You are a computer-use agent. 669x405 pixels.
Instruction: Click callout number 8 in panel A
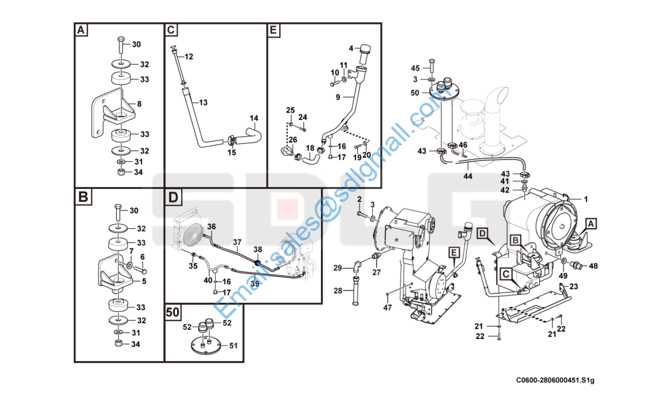[x=139, y=104]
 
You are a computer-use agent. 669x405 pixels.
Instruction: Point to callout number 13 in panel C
[x=203, y=102]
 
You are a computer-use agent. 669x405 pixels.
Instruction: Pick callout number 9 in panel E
[x=338, y=97]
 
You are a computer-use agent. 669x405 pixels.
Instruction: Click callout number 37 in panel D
[x=237, y=242]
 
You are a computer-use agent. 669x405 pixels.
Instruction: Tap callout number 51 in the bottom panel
[x=233, y=346]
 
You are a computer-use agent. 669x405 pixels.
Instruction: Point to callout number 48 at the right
[x=593, y=266]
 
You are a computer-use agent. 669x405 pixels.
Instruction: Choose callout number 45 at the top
[x=415, y=68]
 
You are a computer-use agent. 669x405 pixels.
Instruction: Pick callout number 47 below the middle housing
[x=387, y=308]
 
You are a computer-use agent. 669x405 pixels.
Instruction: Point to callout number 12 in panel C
[x=189, y=56]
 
